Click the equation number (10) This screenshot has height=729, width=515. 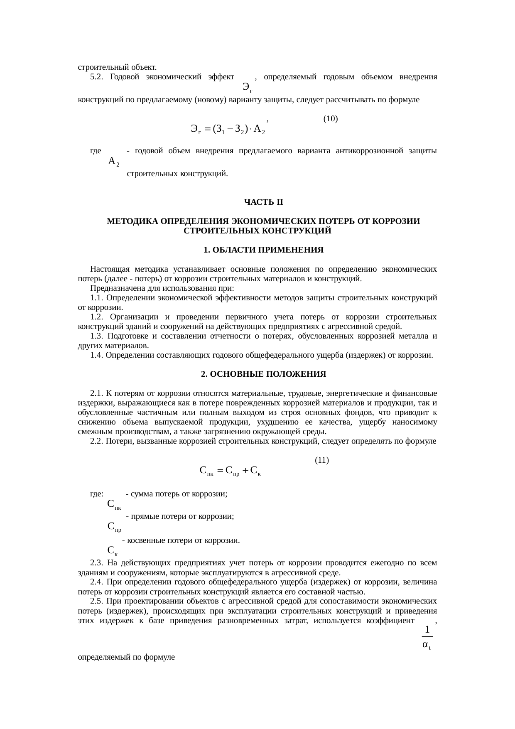tap(330, 119)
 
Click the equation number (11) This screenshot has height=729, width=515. tap(322, 460)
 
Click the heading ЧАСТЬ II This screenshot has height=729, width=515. tap(263, 202)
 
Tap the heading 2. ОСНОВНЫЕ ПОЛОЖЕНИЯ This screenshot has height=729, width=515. tap(263, 374)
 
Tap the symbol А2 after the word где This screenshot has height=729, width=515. tap(113, 162)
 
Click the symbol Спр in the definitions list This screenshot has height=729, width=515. tap(114, 527)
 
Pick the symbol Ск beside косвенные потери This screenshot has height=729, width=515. tap(113, 551)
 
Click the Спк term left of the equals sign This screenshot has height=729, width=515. tap(207, 471)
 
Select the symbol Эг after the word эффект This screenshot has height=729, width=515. tap(248, 87)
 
